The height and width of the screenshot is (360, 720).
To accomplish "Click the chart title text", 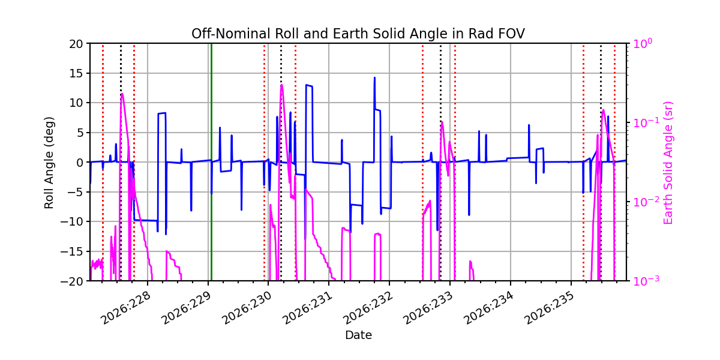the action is [358, 34].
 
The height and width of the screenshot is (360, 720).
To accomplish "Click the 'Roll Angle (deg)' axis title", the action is [49, 163].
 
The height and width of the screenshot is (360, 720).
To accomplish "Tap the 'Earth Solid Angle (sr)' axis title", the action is [668, 163].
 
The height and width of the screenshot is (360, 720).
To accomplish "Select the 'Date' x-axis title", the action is [358, 335].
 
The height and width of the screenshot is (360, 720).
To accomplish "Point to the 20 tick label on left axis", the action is [76, 44].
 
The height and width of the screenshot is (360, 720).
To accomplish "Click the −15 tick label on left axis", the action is [71, 251].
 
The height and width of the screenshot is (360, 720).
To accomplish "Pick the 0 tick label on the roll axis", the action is [80, 163].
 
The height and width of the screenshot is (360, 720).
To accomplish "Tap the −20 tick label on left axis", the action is [71, 281].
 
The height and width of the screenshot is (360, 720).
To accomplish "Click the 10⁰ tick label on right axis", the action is [643, 43].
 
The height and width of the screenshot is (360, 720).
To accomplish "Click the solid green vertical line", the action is [211, 162].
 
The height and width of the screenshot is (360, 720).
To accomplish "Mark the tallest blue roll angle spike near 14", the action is [374, 78].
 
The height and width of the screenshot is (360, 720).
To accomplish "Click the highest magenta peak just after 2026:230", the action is [281, 85].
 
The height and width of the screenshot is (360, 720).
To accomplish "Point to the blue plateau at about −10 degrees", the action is [145, 220].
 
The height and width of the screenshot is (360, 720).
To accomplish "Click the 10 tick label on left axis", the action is [76, 103].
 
